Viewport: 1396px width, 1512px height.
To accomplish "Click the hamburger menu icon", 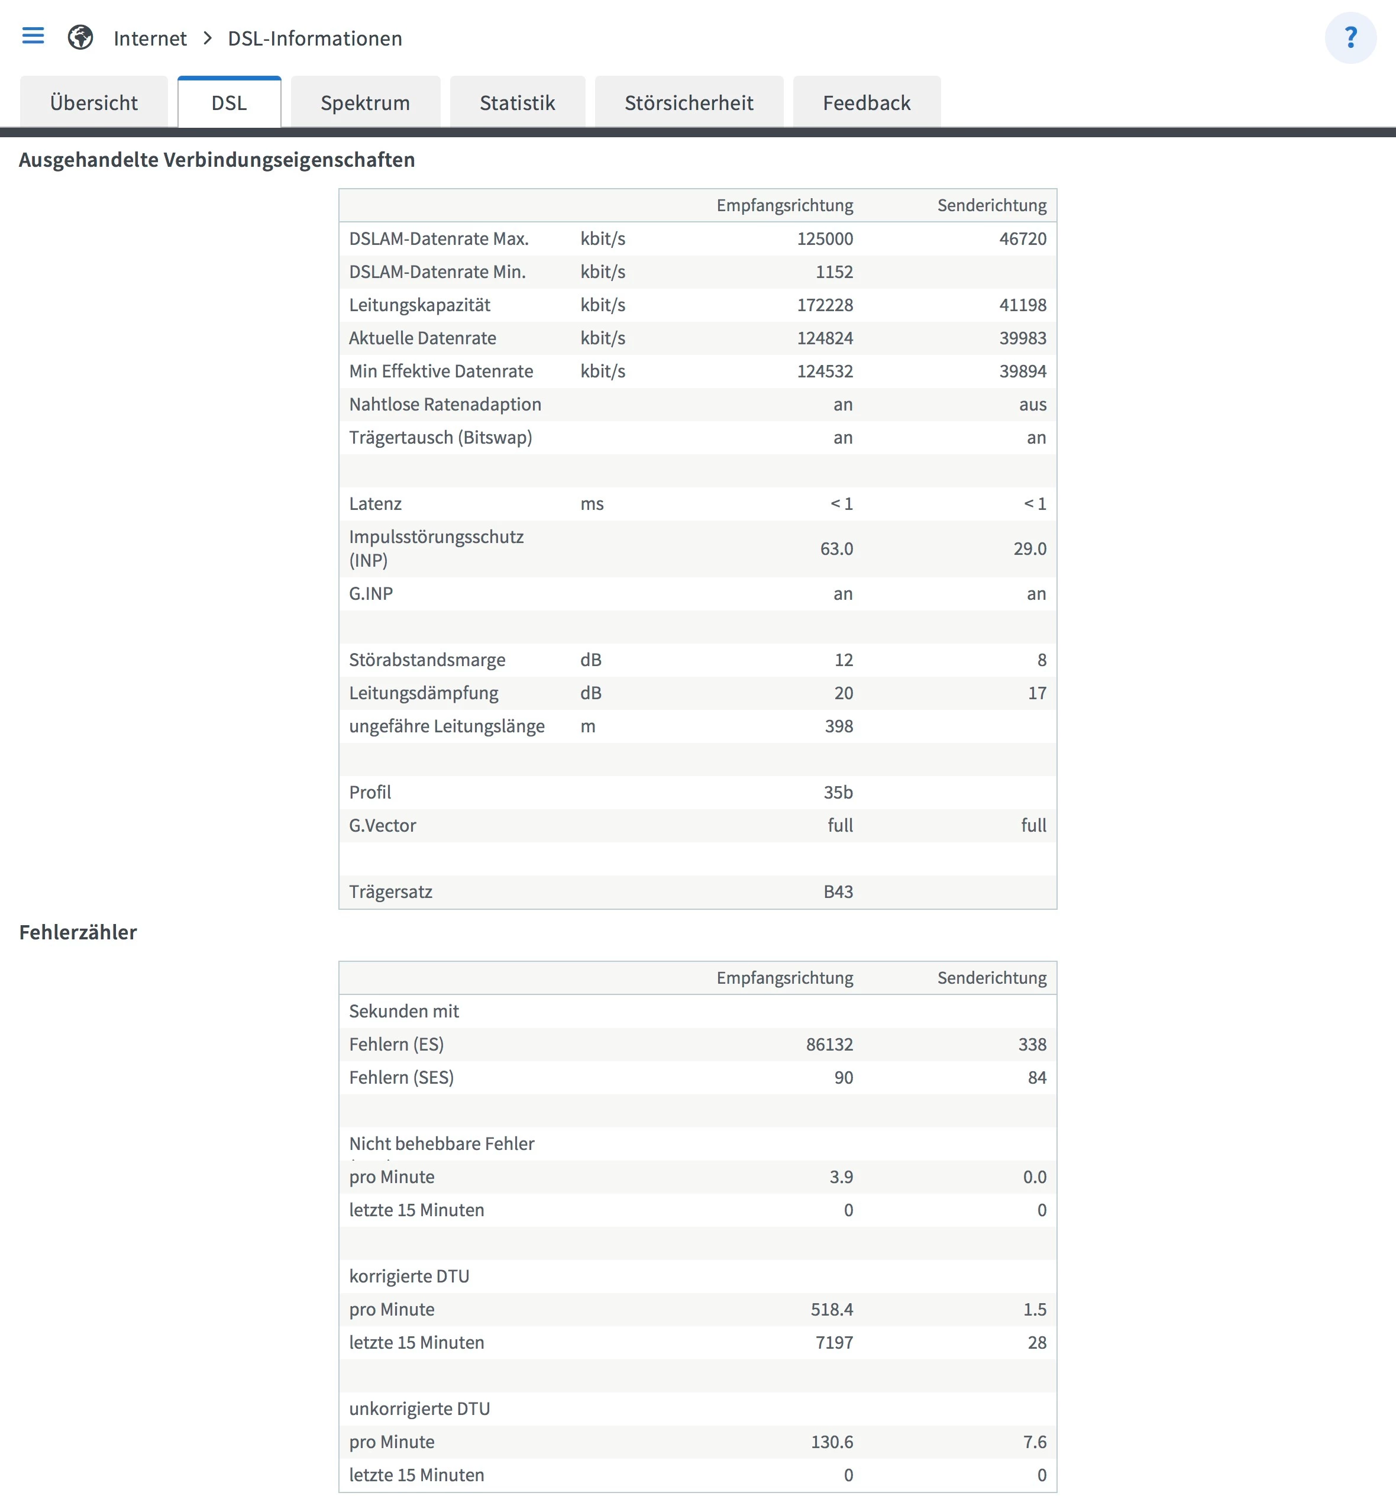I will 33,35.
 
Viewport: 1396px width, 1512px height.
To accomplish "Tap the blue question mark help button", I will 1350,38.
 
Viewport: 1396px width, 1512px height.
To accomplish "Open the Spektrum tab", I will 365,103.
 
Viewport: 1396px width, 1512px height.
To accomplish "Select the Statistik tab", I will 517,103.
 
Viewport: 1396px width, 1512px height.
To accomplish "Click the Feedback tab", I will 866,103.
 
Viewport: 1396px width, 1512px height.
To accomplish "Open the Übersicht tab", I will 93,103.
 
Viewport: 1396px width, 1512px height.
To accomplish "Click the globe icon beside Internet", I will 80,37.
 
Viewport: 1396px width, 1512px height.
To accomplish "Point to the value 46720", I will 1022,238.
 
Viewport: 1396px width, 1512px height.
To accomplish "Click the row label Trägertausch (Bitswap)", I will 441,438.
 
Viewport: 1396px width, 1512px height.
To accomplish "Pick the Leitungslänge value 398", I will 839,726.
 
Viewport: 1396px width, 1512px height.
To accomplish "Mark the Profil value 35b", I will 838,792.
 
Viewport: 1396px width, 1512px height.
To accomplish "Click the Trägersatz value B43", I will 838,892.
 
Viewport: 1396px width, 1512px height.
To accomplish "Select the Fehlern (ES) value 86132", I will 829,1045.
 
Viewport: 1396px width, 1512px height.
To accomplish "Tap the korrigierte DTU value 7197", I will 834,1343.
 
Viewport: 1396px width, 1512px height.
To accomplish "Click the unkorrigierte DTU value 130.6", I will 832,1443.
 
